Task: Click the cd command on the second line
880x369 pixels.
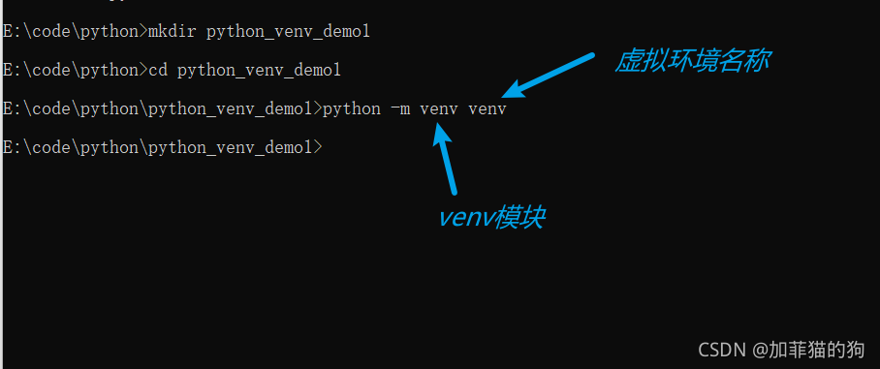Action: pos(158,71)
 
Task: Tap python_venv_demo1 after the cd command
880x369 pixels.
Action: pos(260,71)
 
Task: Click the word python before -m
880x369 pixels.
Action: pos(352,109)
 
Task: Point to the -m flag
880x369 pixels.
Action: pos(400,109)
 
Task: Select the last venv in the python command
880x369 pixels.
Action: pos(487,109)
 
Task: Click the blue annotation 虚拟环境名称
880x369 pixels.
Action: pos(693,61)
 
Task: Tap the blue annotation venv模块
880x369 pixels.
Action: pos(491,217)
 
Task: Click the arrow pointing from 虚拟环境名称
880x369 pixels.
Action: pos(548,76)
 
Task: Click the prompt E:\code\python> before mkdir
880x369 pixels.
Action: pos(74,32)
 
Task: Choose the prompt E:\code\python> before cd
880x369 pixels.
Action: pos(74,71)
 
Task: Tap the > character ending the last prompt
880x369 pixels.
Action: pos(317,147)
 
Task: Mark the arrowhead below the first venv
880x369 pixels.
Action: pos(442,137)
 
